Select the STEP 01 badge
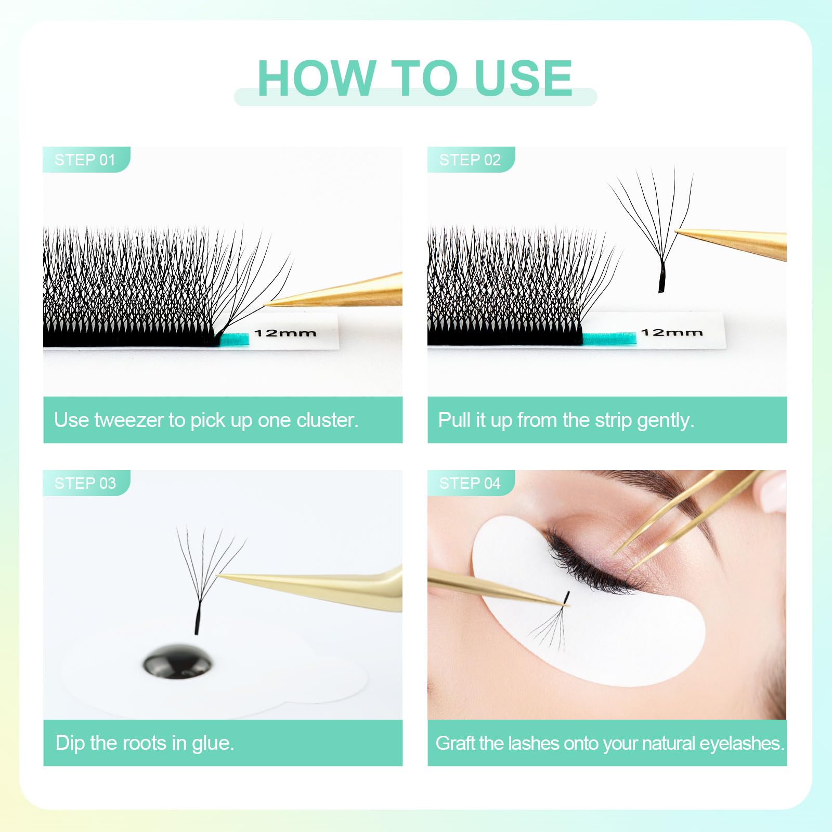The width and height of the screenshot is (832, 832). pyautogui.click(x=86, y=160)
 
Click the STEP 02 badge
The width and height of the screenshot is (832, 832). pyautogui.click(x=471, y=160)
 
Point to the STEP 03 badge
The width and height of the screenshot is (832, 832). pyautogui.click(x=86, y=483)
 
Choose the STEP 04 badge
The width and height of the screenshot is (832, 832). pyautogui.click(x=471, y=483)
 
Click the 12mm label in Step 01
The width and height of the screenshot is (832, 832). pyautogui.click(x=285, y=333)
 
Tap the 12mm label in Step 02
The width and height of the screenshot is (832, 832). pyautogui.click(x=671, y=332)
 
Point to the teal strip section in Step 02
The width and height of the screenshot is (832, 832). pyautogui.click(x=609, y=339)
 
